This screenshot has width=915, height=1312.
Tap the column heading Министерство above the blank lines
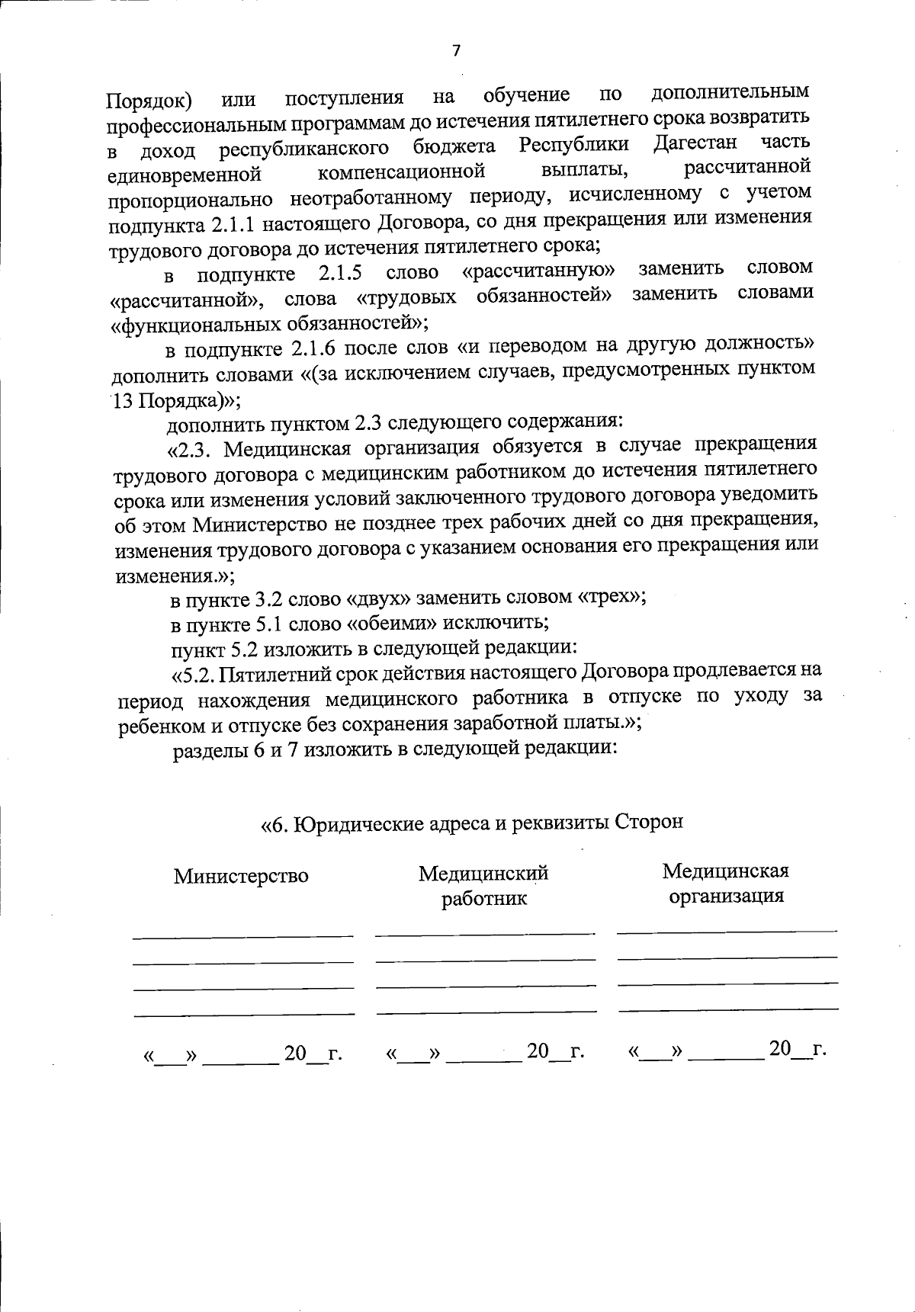click(241, 876)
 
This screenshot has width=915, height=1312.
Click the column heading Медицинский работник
click(483, 886)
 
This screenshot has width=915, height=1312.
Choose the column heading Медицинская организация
click(726, 883)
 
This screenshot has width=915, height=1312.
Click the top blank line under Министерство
click(242, 935)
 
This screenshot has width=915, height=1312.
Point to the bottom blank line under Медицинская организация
click(727, 1009)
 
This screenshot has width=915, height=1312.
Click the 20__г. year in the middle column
click(555, 1052)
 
